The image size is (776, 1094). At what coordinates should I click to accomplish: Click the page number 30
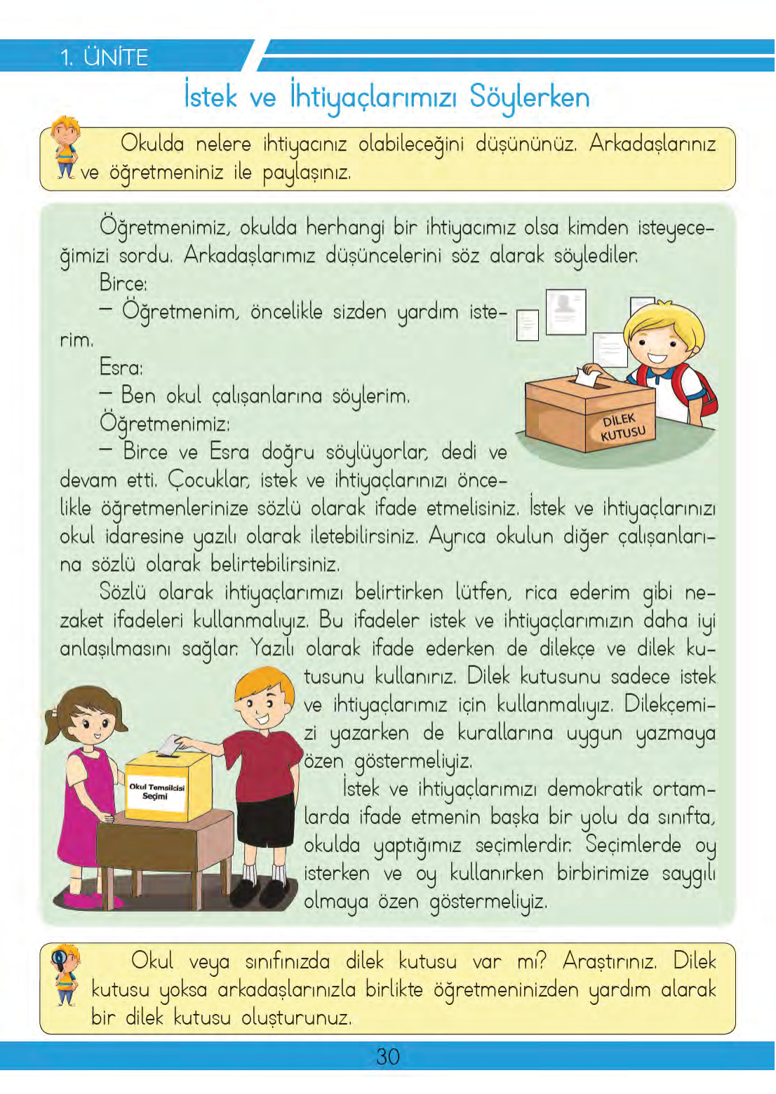[x=387, y=1056]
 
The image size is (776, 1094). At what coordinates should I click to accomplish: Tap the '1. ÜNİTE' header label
[x=104, y=57]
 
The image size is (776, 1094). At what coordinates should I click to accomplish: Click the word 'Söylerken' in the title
[x=530, y=97]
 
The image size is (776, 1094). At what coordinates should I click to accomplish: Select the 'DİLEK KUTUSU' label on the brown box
[x=622, y=427]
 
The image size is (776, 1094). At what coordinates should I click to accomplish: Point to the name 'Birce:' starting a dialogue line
[x=123, y=283]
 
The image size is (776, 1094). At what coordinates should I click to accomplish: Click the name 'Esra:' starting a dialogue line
[x=121, y=367]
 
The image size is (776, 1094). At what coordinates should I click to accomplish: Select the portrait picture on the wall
[x=565, y=312]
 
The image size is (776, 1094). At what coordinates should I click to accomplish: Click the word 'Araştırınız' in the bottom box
[x=609, y=961]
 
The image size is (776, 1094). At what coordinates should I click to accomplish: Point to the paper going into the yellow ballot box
[x=168, y=745]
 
